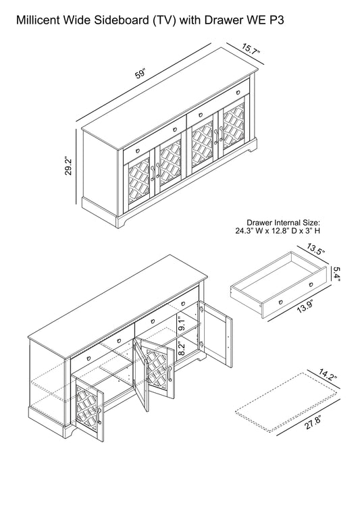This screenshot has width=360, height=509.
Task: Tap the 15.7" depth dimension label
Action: [x=251, y=49]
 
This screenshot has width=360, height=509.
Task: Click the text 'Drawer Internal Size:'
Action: [x=283, y=223]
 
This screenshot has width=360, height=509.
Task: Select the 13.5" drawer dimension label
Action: [x=316, y=250]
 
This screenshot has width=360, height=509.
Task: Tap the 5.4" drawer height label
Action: [x=336, y=273]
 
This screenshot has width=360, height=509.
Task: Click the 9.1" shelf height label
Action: [x=182, y=324]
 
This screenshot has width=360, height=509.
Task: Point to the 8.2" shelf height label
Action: [x=182, y=350]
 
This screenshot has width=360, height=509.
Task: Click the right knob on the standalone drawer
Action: [x=311, y=285]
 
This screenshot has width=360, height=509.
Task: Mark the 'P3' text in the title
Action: [x=276, y=20]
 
